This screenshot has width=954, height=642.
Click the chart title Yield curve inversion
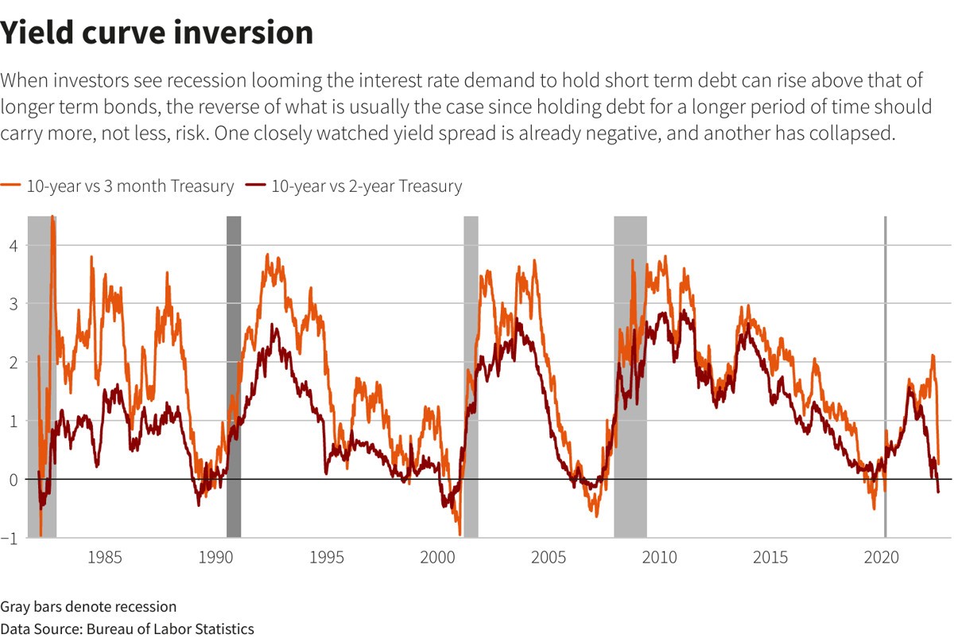click(x=157, y=33)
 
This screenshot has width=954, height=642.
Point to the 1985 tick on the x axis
click(x=106, y=556)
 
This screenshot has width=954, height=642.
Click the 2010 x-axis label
click(x=660, y=556)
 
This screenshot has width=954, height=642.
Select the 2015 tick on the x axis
click(x=771, y=556)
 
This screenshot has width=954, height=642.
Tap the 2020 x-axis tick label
click(x=882, y=556)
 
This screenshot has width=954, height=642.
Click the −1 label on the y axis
click(x=10, y=538)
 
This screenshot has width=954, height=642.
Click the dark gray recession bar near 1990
click(x=234, y=374)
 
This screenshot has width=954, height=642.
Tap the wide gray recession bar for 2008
click(x=630, y=374)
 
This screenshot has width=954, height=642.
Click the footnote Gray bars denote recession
click(x=88, y=606)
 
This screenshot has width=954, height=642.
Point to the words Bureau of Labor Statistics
click(x=168, y=628)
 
